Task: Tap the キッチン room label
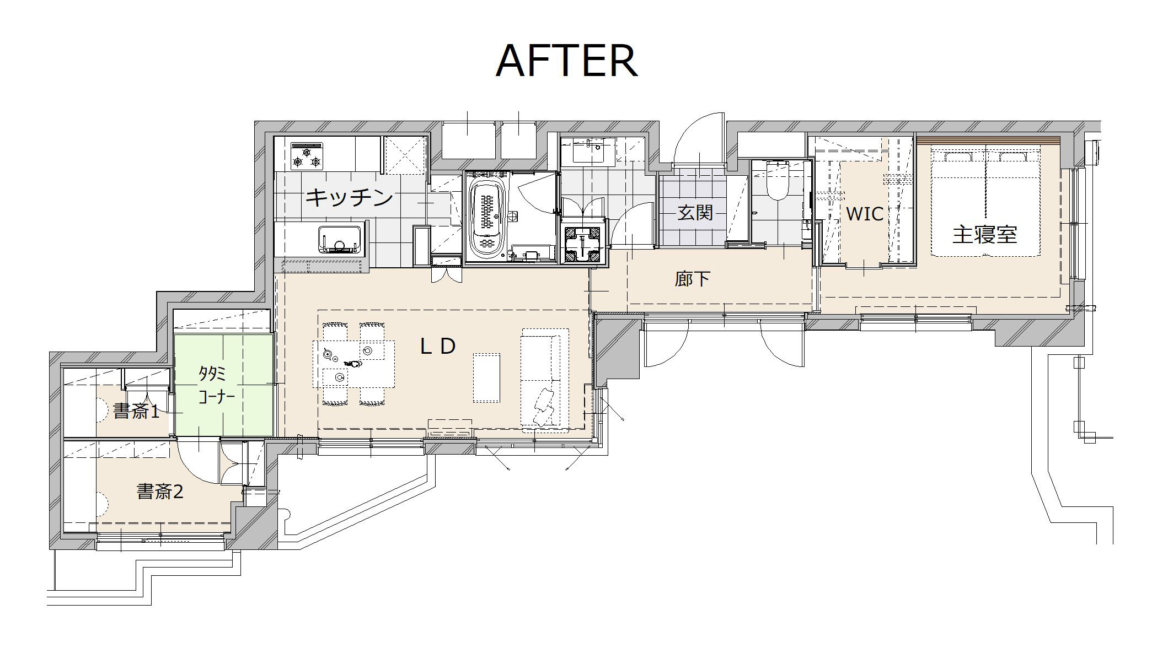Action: [349, 197]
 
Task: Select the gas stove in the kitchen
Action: [307, 156]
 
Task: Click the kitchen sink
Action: [340, 239]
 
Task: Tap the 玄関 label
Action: [695, 212]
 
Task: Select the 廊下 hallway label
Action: [693, 279]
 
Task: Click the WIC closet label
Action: [865, 213]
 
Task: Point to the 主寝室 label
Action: [984, 235]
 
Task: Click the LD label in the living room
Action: [438, 346]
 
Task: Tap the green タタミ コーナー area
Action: [224, 385]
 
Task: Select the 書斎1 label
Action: [136, 411]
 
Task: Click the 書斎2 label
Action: [160, 491]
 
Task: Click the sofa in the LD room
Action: [545, 378]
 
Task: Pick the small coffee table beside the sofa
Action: [487, 377]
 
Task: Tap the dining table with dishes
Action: [354, 364]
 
